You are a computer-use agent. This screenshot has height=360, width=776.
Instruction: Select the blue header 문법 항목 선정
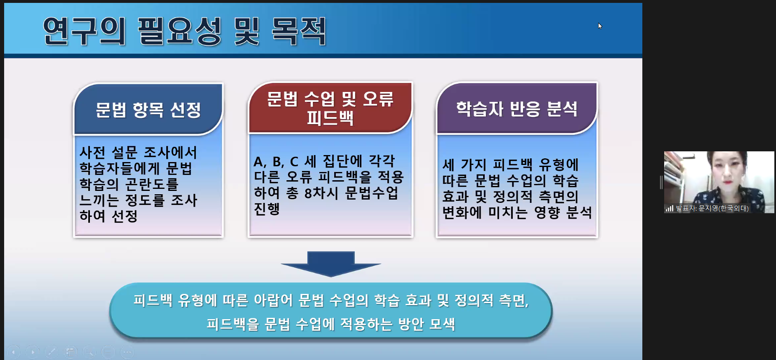click(x=148, y=109)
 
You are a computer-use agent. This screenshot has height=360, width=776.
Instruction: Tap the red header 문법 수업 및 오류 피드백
click(x=330, y=108)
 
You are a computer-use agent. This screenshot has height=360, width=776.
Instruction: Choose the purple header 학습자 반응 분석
click(x=517, y=108)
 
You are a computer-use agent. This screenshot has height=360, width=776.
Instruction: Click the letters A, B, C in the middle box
click(x=276, y=161)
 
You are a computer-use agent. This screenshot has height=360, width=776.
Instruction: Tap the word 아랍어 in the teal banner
click(x=273, y=300)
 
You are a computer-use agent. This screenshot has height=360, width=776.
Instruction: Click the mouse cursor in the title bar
click(x=600, y=26)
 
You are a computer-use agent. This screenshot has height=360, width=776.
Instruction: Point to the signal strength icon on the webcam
click(x=669, y=208)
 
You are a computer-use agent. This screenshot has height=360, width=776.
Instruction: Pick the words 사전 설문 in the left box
click(x=108, y=153)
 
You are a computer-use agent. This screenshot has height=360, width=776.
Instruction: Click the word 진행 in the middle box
click(x=267, y=209)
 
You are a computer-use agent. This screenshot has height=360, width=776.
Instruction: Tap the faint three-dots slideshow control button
click(x=127, y=352)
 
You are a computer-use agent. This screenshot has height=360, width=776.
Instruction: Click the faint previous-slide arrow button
click(x=13, y=352)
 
